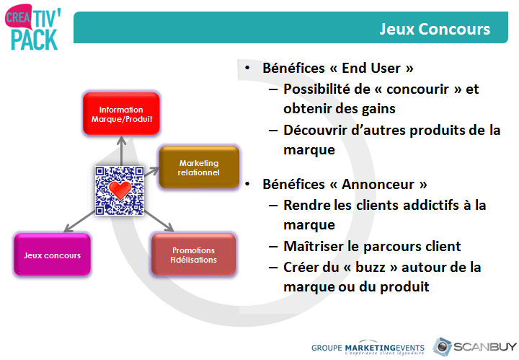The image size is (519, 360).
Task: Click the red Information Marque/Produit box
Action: coord(122,114)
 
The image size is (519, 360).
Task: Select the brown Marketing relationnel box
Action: coord(199,167)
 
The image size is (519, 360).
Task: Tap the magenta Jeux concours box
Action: coord(53,255)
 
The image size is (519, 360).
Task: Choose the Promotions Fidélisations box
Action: coord(194,255)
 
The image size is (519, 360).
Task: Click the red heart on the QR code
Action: coord(120,190)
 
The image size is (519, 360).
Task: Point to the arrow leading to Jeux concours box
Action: coord(79,221)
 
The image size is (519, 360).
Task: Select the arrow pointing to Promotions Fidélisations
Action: coord(159,221)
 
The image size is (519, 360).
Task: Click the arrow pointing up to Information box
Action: coord(122,151)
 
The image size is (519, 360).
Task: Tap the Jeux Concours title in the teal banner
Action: coord(435,29)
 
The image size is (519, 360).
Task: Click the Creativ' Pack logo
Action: coord(33,27)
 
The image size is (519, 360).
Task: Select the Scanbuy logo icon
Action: coord(442,347)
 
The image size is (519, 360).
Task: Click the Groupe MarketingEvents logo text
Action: coord(368,349)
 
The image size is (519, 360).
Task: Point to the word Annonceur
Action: coord(378,184)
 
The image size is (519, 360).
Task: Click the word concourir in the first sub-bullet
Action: coord(417,89)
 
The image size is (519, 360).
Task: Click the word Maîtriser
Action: coord(313,246)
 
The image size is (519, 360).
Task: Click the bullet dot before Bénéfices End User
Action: coord(247,69)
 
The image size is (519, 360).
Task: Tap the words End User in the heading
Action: coord(371,69)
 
